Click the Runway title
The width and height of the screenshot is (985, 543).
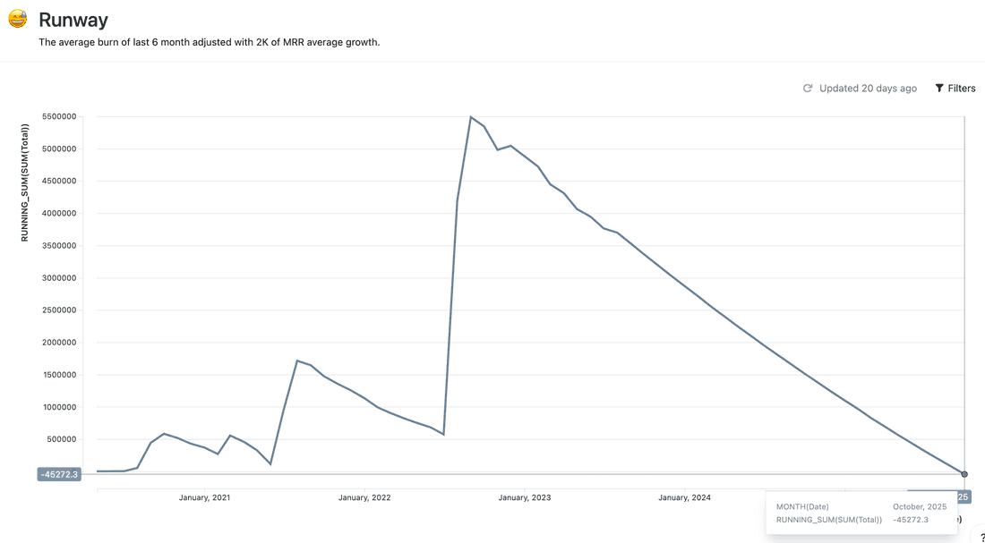click(x=73, y=20)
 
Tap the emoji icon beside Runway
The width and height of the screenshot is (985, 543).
click(x=17, y=18)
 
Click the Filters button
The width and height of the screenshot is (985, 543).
click(x=955, y=89)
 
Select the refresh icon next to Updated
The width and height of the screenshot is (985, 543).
click(x=808, y=89)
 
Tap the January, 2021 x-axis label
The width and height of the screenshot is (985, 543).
click(x=204, y=497)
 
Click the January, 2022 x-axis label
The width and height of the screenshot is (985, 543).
click(x=364, y=497)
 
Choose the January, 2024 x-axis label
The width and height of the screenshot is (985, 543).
click(x=684, y=497)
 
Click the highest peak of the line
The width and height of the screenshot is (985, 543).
click(x=471, y=117)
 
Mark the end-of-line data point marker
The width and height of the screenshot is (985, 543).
click(x=964, y=474)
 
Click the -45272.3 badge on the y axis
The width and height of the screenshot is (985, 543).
click(x=59, y=474)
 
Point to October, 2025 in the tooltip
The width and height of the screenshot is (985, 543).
click(x=919, y=506)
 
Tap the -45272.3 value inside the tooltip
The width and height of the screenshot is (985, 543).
click(x=911, y=519)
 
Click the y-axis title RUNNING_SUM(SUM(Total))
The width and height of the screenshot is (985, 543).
click(x=26, y=182)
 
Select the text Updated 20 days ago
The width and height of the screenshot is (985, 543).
click(x=868, y=89)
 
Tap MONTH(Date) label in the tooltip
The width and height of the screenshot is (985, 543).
click(x=802, y=506)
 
